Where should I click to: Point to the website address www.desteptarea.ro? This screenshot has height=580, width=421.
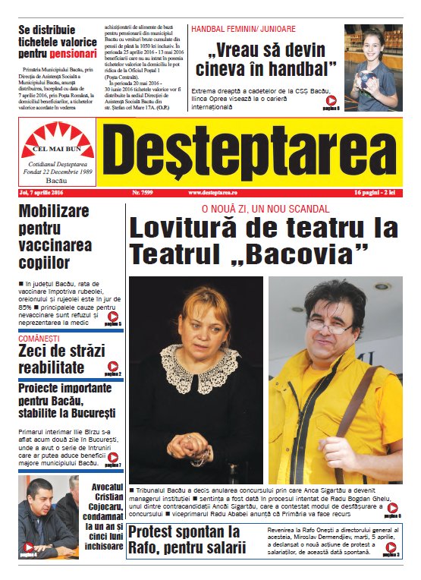point(215,193)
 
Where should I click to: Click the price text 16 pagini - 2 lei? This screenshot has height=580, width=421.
point(377,193)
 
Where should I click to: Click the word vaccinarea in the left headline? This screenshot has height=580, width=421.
point(55,245)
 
